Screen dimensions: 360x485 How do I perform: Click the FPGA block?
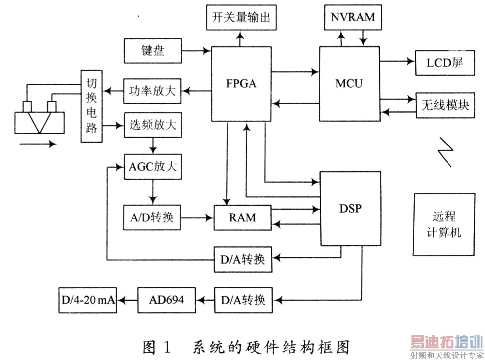point(241,83)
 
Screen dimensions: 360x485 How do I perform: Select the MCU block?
point(349,83)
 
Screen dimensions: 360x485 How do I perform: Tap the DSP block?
point(349,209)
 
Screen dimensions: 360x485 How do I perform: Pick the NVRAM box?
point(353,17)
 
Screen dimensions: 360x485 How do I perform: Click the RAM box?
point(242,218)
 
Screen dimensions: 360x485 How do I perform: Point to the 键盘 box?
point(153,50)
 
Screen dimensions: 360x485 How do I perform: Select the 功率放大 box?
point(153,91)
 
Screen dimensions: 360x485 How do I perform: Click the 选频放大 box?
point(153,127)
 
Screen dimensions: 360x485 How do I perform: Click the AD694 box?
point(168,300)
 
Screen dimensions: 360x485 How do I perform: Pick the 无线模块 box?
point(444,104)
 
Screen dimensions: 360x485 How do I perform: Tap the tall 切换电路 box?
point(91,107)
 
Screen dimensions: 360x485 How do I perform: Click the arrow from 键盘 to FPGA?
point(196,49)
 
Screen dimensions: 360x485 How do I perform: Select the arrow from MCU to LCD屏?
point(398,61)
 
